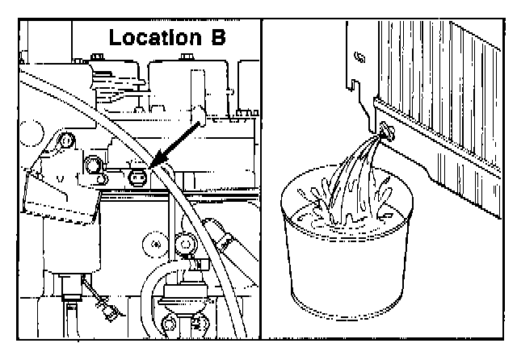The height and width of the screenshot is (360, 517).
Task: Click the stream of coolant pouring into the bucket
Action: [x=355, y=174]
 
